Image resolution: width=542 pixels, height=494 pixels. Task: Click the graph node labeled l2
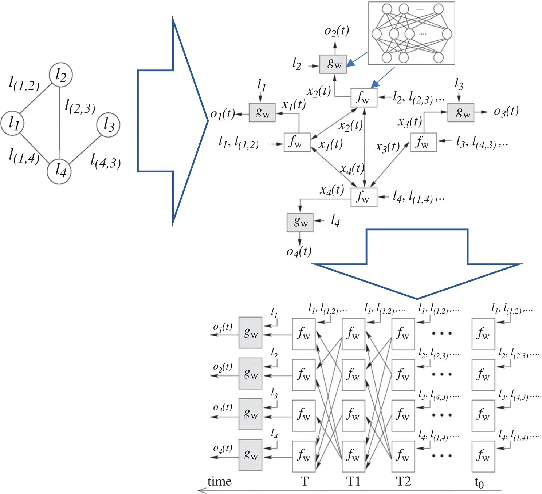(61, 75)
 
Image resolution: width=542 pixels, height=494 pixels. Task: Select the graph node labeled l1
(13, 123)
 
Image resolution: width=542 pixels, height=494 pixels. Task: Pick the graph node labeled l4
(59, 171)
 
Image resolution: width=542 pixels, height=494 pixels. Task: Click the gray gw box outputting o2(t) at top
(333, 64)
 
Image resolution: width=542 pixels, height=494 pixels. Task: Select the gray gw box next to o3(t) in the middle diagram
(461, 112)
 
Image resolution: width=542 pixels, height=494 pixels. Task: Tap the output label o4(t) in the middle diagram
(299, 251)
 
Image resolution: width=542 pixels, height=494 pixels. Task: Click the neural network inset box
(412, 33)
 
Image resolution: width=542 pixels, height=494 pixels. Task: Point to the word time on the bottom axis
(219, 481)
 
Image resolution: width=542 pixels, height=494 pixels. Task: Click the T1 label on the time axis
(353, 481)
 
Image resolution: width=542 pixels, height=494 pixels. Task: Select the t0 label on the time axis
(479, 482)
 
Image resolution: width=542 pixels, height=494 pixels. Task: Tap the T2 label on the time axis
(403, 481)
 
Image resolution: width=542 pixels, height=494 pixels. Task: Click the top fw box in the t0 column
(483, 334)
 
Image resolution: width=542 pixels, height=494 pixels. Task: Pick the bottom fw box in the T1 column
(353, 456)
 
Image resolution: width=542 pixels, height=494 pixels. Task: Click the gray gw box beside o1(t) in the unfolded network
(250, 333)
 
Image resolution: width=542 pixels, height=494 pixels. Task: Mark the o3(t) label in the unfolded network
(223, 408)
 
